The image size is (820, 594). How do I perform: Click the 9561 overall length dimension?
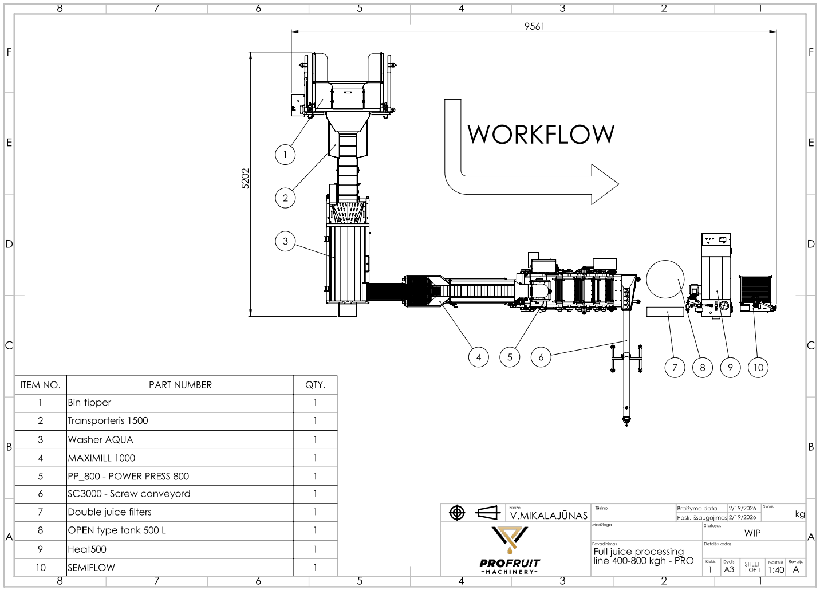(534, 26)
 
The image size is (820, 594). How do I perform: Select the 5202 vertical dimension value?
(245, 179)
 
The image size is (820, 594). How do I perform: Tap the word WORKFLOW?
(541, 135)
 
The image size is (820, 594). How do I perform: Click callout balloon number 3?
(285, 241)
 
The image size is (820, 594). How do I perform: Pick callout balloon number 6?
(541, 357)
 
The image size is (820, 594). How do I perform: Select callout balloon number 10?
(758, 367)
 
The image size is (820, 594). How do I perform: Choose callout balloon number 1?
(285, 155)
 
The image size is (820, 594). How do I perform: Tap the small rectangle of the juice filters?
(665, 312)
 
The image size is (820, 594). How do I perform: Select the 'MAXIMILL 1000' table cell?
(101, 458)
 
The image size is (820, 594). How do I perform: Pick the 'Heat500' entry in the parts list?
(87, 549)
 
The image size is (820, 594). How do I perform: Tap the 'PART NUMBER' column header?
(180, 385)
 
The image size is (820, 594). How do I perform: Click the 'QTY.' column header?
(315, 385)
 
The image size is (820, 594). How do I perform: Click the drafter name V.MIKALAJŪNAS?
(549, 516)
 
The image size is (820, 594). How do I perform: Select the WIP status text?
(752, 533)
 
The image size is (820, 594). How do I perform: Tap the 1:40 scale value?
(776, 570)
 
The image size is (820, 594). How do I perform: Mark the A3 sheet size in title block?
(729, 570)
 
